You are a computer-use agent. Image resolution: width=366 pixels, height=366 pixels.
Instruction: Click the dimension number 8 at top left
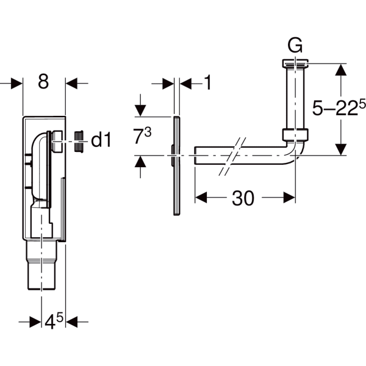pos(43,82)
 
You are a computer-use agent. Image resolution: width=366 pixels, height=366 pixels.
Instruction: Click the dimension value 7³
pos(142,135)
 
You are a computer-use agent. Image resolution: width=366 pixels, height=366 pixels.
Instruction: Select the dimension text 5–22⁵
pos(342,109)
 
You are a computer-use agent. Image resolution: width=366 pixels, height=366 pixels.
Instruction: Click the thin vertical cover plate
pos(176,165)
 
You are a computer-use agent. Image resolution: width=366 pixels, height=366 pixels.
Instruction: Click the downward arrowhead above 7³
pos(141,110)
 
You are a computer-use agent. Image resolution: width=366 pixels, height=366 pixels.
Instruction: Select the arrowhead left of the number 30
pos(201,197)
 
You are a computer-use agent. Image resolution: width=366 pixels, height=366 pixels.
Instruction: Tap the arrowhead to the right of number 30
pos(289,197)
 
